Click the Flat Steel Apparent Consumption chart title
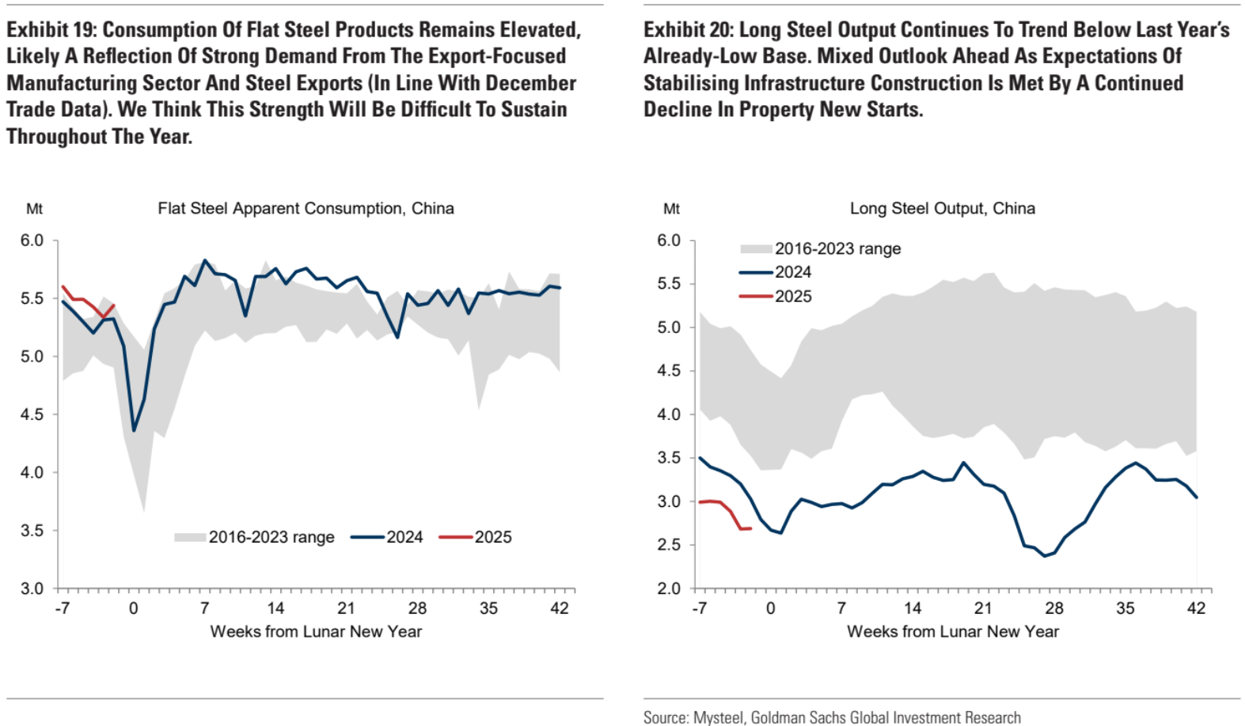click(306, 209)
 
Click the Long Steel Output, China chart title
click(942, 209)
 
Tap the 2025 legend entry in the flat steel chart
click(492, 537)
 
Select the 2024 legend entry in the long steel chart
click(792, 272)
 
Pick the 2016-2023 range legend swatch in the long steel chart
click(756, 249)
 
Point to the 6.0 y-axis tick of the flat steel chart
click(32, 240)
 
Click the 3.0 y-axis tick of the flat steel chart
click(32, 588)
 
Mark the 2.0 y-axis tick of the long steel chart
click(669, 588)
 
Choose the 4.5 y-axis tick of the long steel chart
click(669, 371)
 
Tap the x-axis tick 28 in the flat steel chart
click(417, 608)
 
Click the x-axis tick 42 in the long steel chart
click(1196, 608)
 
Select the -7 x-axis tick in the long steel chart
click(699, 608)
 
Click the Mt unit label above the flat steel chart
click(34, 209)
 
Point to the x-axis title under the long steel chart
click(952, 632)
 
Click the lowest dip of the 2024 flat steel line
click(134, 430)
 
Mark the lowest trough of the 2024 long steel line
click(1045, 556)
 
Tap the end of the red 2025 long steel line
click(750, 528)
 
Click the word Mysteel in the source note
click(718, 717)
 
